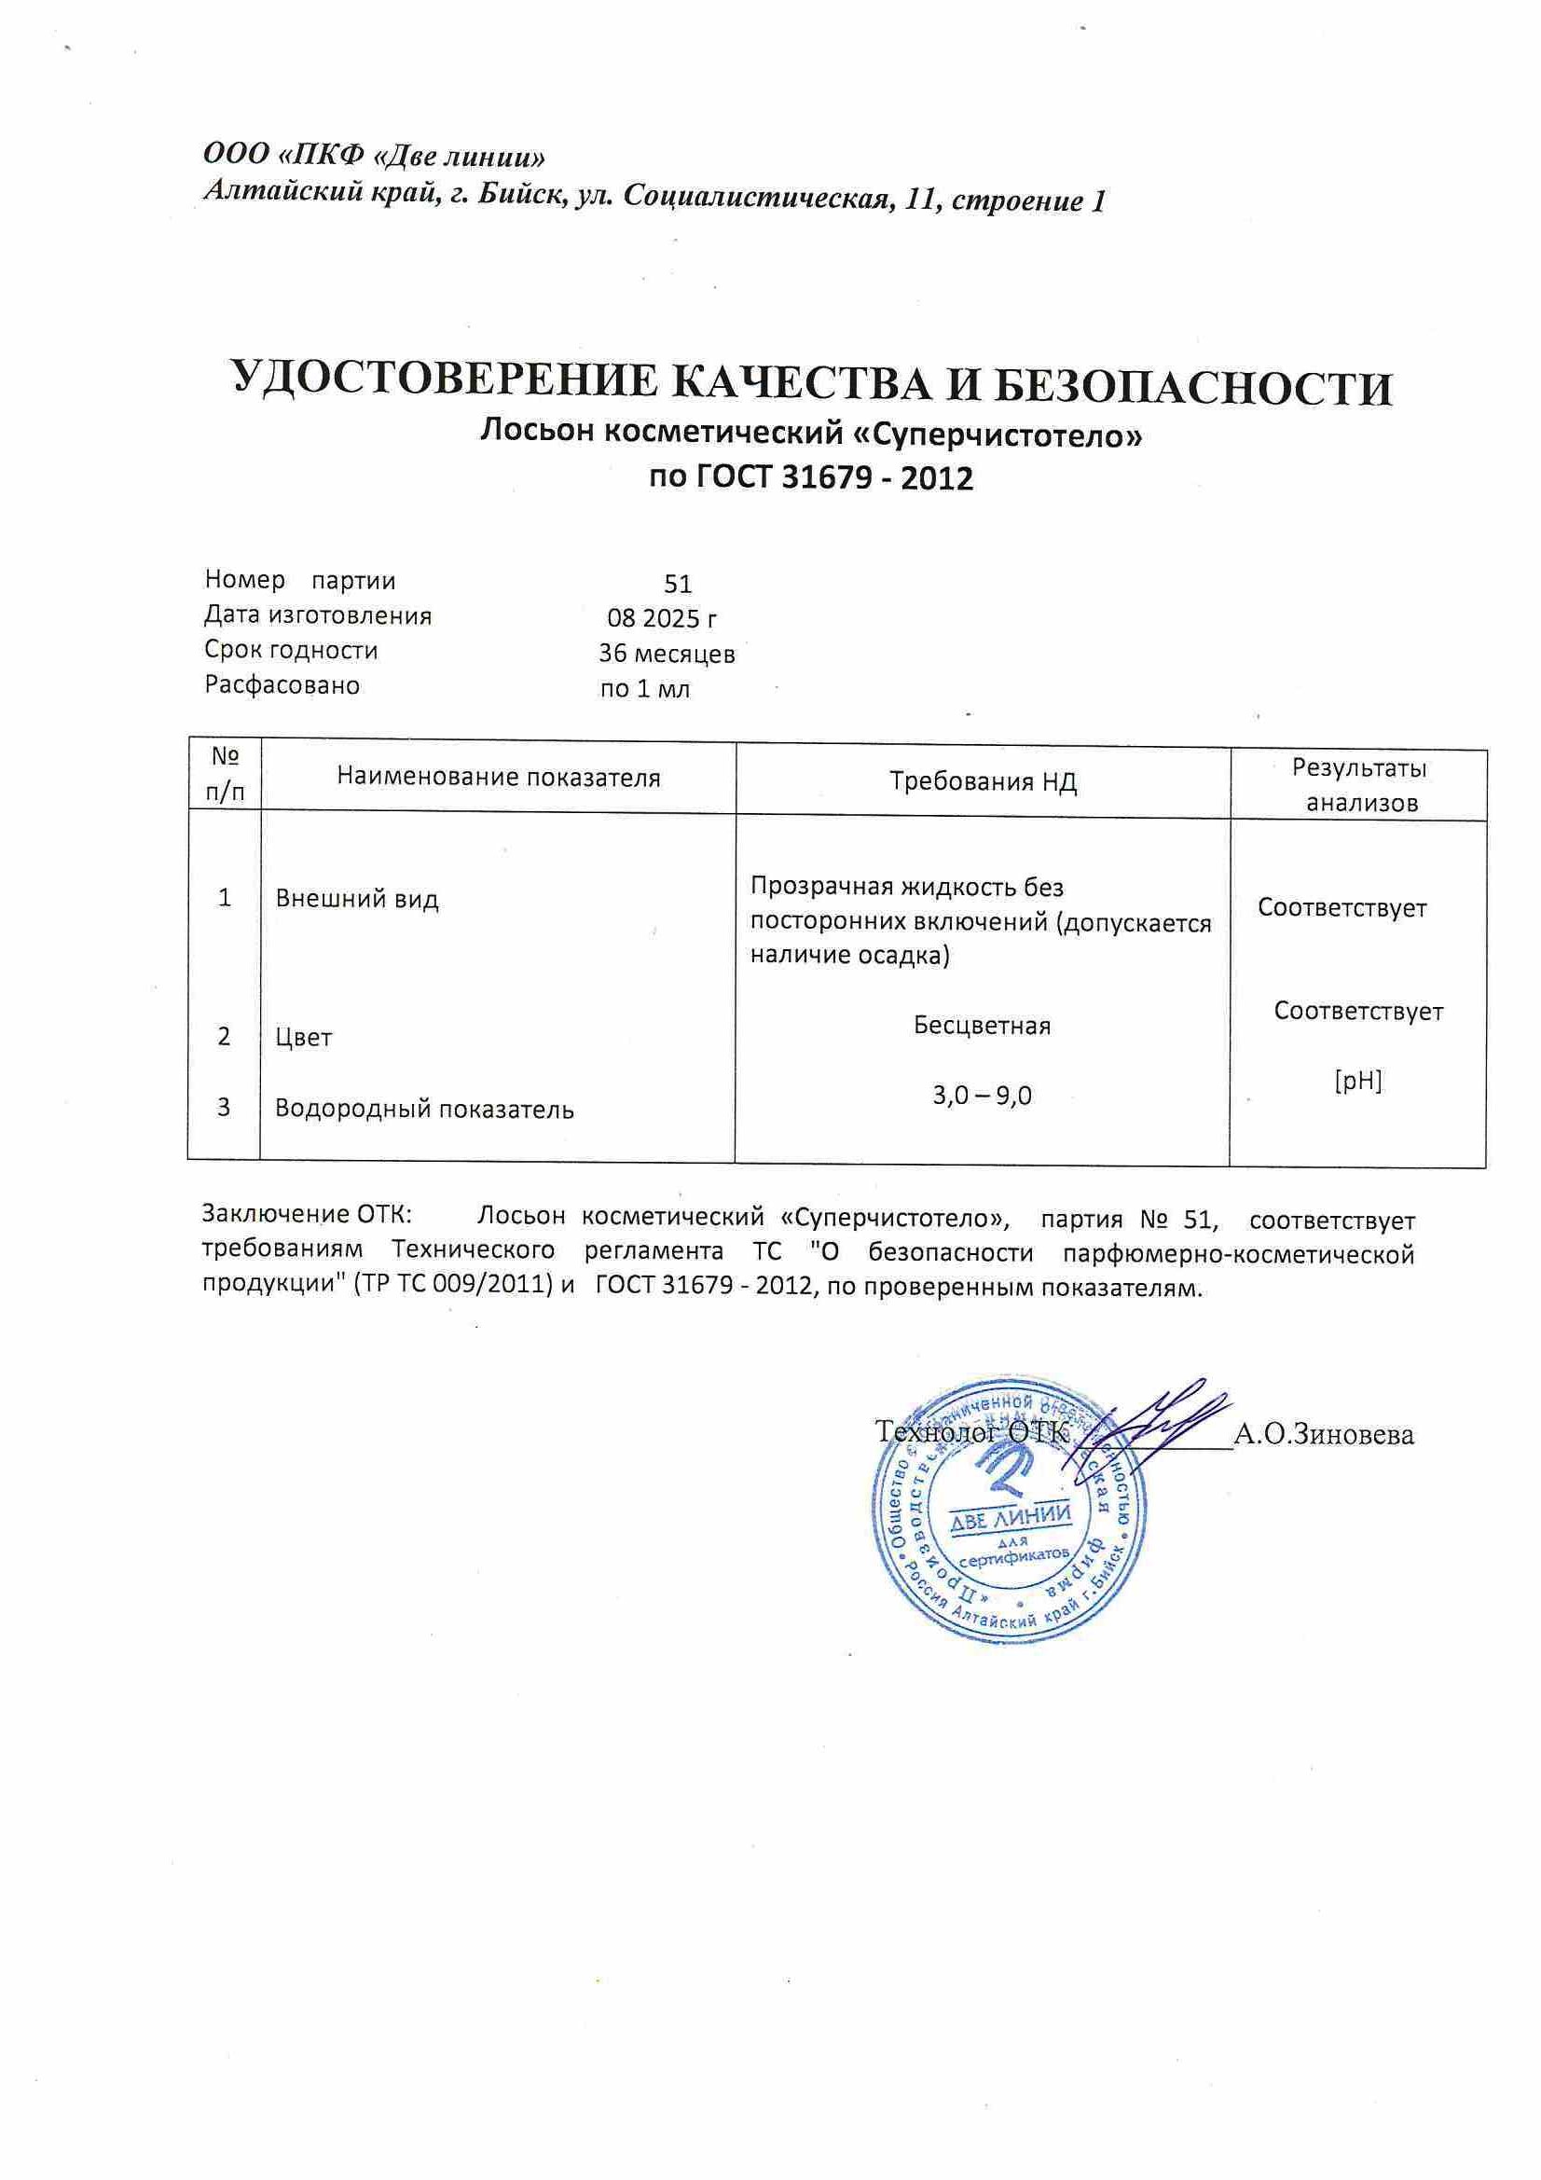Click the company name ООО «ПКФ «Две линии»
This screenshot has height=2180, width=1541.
(375, 155)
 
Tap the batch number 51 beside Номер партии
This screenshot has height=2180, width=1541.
(678, 584)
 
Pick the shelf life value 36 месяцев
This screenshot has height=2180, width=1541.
(667, 655)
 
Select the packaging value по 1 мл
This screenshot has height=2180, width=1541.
(645, 689)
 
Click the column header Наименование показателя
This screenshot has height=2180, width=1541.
(499, 779)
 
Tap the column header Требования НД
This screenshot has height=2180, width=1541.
(983, 781)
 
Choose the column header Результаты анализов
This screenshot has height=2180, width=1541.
(1360, 784)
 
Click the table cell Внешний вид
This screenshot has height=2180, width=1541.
(357, 899)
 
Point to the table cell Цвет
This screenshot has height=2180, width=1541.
(304, 1037)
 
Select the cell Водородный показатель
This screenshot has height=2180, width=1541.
(424, 1108)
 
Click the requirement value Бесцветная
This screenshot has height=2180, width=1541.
(982, 1026)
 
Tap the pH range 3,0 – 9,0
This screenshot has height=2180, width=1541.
(982, 1096)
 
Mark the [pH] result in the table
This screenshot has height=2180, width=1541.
(1357, 1081)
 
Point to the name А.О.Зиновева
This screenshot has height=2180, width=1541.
(1323, 1435)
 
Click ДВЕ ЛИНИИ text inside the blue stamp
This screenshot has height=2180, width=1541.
(1011, 1518)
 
